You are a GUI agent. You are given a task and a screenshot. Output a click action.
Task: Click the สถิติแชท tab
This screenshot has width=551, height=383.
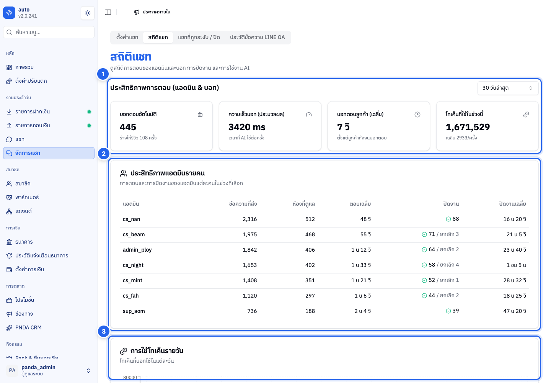pyautogui.click(x=158, y=38)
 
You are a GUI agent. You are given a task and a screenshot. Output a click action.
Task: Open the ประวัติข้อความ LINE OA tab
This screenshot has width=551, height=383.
pyautogui.click(x=257, y=38)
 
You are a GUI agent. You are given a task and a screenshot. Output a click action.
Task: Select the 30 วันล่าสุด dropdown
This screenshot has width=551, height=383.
pyautogui.click(x=508, y=88)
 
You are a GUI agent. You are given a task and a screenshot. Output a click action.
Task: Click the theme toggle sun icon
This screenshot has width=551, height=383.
pyautogui.click(x=88, y=13)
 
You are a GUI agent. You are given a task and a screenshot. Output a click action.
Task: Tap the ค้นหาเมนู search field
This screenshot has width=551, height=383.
pyautogui.click(x=49, y=32)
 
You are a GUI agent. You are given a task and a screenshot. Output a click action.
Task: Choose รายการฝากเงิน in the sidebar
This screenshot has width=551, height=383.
pyautogui.click(x=33, y=112)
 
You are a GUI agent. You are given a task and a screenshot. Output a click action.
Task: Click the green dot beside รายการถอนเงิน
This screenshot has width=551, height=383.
pyautogui.click(x=89, y=126)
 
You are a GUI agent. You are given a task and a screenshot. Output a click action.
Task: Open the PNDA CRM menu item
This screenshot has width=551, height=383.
pyautogui.click(x=28, y=327)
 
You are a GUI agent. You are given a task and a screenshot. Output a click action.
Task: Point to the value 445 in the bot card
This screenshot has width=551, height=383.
pyautogui.click(x=128, y=127)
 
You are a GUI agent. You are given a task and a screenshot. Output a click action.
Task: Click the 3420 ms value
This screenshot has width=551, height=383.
pyautogui.click(x=247, y=127)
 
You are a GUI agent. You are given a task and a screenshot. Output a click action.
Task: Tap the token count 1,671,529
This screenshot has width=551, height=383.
pyautogui.click(x=468, y=127)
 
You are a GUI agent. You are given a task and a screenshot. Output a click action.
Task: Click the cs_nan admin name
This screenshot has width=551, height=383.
pyautogui.click(x=131, y=219)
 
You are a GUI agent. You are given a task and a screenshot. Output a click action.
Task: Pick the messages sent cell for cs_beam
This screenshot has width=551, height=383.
pyautogui.click(x=249, y=234)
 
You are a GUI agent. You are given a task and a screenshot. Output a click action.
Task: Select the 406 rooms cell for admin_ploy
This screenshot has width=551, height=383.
pyautogui.click(x=310, y=250)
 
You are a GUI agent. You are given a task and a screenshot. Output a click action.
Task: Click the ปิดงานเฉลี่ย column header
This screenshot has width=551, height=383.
pyautogui.click(x=512, y=204)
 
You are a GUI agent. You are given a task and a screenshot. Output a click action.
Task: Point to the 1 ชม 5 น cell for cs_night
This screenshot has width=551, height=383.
pyautogui.click(x=516, y=265)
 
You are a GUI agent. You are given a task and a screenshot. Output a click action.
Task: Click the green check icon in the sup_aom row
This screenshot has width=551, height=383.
pyautogui.click(x=448, y=311)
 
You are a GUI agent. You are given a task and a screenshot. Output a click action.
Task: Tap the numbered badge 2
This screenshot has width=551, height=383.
pyautogui.click(x=104, y=154)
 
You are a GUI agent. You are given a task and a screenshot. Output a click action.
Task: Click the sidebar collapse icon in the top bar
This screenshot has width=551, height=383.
pyautogui.click(x=108, y=12)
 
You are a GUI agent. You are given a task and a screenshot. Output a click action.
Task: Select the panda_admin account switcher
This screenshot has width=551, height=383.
pyautogui.click(x=49, y=370)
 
